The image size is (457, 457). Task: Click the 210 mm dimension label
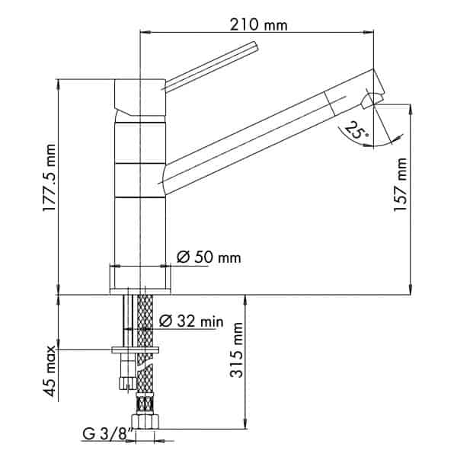click(x=258, y=24)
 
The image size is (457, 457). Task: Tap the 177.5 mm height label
click(x=49, y=177)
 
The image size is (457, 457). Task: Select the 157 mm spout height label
click(x=400, y=185)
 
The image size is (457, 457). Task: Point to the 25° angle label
click(x=357, y=129)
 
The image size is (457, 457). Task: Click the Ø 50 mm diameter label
click(x=209, y=257)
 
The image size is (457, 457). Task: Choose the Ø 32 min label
click(x=191, y=321)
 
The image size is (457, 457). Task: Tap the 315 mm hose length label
click(x=236, y=350)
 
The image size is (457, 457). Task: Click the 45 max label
click(x=49, y=371)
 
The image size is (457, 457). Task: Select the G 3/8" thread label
click(x=108, y=434)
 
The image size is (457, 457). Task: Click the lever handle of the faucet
click(x=211, y=67)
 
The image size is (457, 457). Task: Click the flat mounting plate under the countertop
click(x=135, y=350)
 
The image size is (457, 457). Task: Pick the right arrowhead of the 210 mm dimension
click(x=369, y=32)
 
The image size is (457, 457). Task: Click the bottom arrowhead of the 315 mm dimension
click(x=246, y=423)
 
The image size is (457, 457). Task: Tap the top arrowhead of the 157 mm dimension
click(x=411, y=109)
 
